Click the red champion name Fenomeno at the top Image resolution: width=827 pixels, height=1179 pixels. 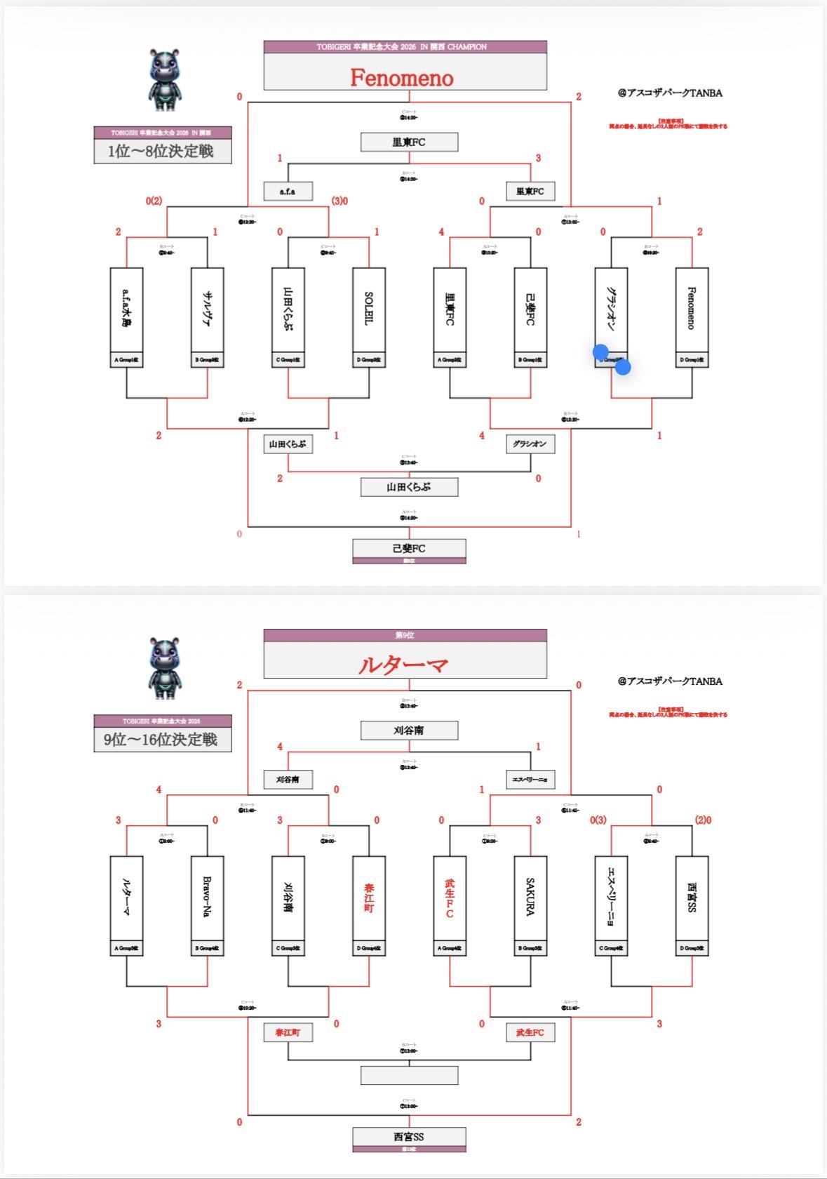tap(402, 77)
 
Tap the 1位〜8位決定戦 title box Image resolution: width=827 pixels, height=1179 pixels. tap(163, 151)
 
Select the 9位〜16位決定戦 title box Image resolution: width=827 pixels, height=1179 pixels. tap(163, 739)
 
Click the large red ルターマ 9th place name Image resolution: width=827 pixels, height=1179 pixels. tap(403, 665)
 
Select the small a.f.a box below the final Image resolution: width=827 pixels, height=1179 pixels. tap(288, 191)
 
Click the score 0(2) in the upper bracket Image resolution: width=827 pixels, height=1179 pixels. tap(154, 201)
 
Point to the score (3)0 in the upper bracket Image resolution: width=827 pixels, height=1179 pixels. tap(339, 201)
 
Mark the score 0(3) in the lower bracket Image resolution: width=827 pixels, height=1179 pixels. tap(598, 820)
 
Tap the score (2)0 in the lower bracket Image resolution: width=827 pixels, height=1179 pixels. tap(703, 820)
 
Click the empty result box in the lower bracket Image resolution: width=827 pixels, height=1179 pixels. tap(409, 1075)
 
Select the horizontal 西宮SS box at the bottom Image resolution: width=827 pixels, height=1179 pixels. tap(409, 1137)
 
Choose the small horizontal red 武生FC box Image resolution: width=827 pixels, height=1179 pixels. tap(530, 1032)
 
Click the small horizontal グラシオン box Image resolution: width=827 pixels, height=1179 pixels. tap(530, 444)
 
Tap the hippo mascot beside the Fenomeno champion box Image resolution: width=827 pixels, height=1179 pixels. tap(166, 79)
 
